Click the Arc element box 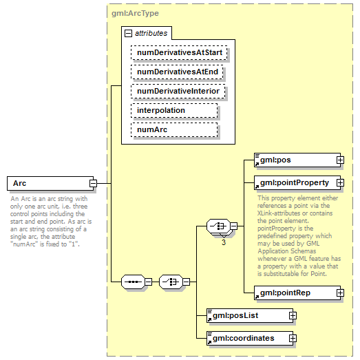[x=47, y=183]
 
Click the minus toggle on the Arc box [x=92, y=183]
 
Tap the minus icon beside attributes [x=128, y=33]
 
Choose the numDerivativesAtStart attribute [x=180, y=52]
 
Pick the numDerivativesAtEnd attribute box [x=178, y=72]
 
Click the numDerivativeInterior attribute [x=178, y=91]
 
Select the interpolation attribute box [x=174, y=110]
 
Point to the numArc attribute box [x=174, y=129]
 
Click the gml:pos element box [x=294, y=160]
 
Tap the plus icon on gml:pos [x=339, y=160]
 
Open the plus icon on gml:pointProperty [x=339, y=182]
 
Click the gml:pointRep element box [x=294, y=293]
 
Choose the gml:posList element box [x=248, y=315]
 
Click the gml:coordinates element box [x=248, y=338]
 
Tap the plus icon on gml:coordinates [x=293, y=338]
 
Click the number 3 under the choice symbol [x=224, y=242]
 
